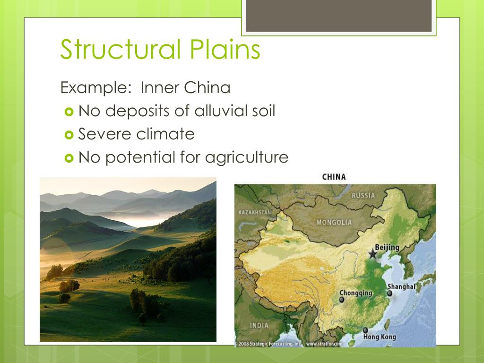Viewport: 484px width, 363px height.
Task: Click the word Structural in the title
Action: tap(121, 50)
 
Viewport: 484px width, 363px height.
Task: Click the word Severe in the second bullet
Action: tap(105, 134)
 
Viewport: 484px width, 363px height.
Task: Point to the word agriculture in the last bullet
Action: tap(246, 157)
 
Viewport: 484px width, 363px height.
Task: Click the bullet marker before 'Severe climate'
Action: tap(69, 135)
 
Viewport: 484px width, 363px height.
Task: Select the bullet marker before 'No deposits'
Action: tap(69, 112)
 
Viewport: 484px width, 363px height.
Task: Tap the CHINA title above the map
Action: tap(334, 177)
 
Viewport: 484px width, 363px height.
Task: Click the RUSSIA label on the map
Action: tap(363, 195)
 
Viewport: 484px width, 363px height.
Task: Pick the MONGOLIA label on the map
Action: tap(334, 222)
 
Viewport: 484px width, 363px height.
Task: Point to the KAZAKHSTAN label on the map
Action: tap(255, 212)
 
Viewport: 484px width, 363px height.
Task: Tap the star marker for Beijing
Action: tap(373, 254)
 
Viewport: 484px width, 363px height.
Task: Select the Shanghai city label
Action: tap(401, 286)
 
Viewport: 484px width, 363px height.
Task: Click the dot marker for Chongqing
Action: tap(341, 300)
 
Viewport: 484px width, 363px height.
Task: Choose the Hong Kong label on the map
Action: tap(379, 337)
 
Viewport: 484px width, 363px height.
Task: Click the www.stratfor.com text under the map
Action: tap(324, 344)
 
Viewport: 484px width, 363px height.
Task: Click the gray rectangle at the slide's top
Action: tap(339, 16)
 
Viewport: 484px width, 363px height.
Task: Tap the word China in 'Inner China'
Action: tap(207, 88)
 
